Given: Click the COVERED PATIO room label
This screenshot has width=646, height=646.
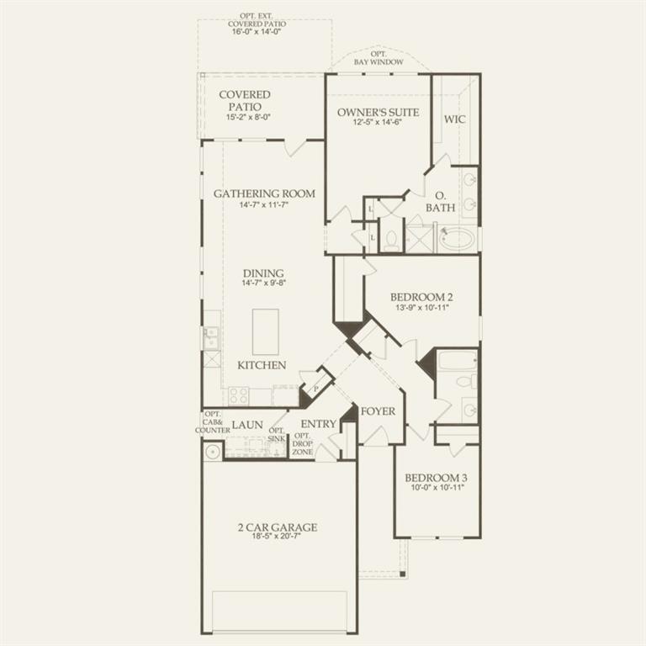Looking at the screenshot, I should (x=245, y=100).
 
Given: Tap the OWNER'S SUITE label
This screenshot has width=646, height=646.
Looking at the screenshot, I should (x=378, y=112).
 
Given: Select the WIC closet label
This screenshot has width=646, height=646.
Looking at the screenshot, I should (x=454, y=119).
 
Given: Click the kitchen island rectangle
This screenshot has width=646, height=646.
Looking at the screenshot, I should (x=265, y=331).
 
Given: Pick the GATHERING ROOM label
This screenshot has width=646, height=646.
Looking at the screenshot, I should (x=264, y=193).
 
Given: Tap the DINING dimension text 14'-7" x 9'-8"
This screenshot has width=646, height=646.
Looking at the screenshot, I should (x=263, y=283).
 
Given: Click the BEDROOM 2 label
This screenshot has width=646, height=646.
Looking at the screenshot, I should (x=421, y=297).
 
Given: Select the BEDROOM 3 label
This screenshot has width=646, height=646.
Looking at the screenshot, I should (x=436, y=477).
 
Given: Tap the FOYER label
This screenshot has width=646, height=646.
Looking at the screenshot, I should (x=378, y=411).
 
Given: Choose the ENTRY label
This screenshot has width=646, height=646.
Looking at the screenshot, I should (x=318, y=424).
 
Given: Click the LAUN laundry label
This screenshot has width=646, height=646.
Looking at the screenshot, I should (x=247, y=426).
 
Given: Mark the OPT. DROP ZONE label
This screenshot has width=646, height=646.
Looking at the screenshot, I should (x=302, y=444).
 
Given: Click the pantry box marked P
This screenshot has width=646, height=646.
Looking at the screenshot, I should (x=316, y=389).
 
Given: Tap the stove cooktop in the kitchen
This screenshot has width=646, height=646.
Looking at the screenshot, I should (x=239, y=394).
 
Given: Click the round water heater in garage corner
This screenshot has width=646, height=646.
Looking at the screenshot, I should (x=212, y=451).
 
